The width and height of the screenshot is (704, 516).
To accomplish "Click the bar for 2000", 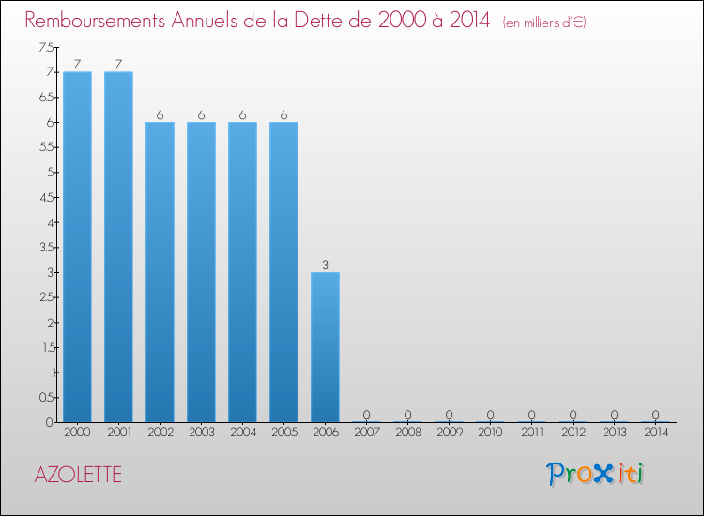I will pos(77,247).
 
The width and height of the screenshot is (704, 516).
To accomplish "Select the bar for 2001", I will pos(118,247).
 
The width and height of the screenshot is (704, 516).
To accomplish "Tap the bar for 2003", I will pos(201,272).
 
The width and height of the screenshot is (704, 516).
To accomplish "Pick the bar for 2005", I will pos(283,272).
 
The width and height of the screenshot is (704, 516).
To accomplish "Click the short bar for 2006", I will pos(325,347).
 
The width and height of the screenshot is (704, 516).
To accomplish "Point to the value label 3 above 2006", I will pos(325,265).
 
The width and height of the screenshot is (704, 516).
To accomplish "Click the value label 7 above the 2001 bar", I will pos(118,64).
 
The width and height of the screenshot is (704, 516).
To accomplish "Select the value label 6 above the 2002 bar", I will pos(160,114).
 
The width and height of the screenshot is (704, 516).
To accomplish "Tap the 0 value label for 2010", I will pos(490,415).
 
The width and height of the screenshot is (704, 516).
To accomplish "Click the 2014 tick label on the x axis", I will pos(655,433).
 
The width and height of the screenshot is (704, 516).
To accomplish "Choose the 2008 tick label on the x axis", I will pos(407,433).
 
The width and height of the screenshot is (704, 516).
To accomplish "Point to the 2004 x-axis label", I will pos(242,433).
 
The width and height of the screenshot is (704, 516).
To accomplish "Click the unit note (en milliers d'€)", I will pos(544,23).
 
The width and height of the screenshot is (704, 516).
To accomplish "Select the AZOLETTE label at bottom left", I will pos(78,474).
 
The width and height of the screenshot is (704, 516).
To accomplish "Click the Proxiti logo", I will pos(596,474).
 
